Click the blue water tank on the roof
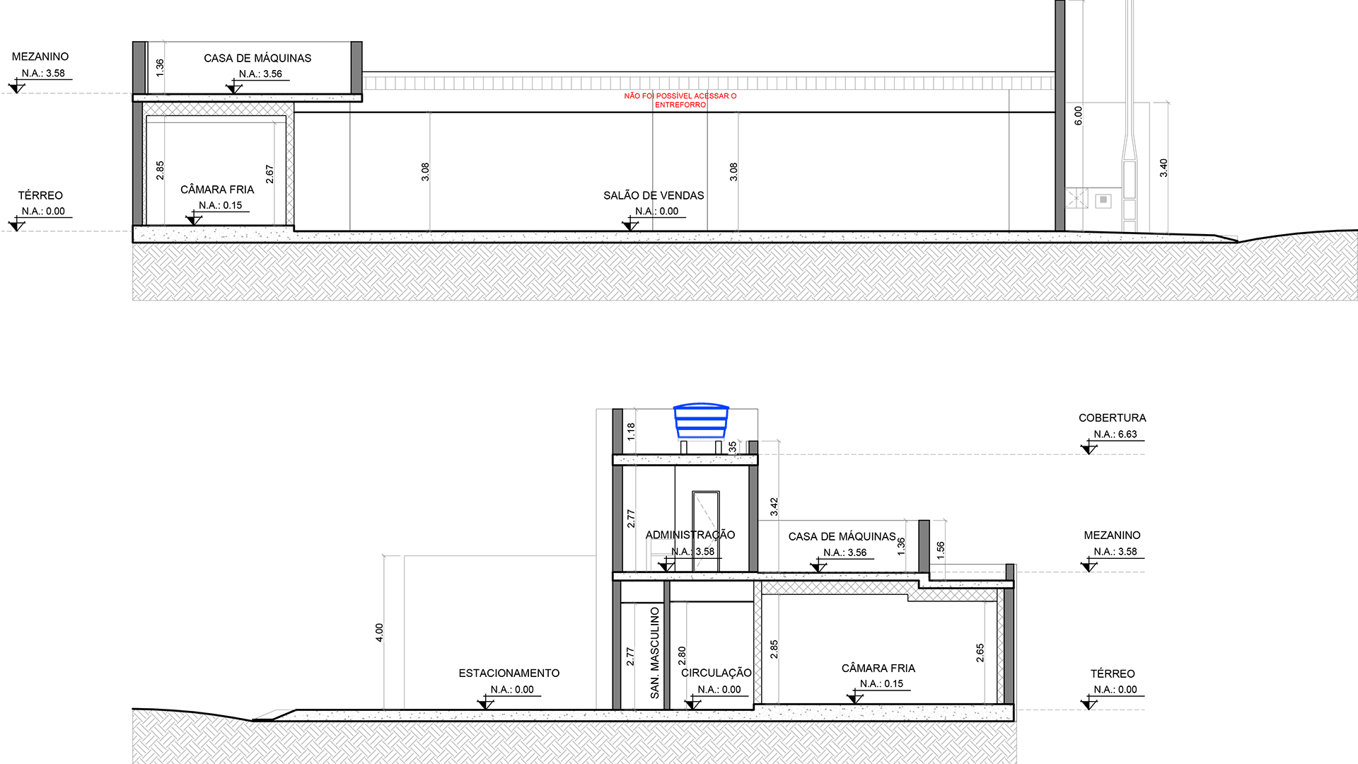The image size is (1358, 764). (700, 422)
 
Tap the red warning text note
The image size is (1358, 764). (680, 100)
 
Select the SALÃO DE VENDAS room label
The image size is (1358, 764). (654, 195)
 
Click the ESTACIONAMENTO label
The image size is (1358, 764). (509, 673)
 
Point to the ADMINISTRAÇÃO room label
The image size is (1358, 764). (690, 535)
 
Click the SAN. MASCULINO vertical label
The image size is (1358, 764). (655, 652)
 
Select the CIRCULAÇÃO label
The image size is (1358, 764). (716, 672)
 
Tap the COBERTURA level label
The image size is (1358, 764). (1112, 418)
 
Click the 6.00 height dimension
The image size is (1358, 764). (1078, 115)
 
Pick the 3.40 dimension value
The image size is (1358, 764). (1163, 168)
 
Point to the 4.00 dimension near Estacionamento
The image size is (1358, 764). (379, 632)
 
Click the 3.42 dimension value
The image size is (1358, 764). (774, 507)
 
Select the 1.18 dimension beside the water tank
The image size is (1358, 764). (631, 432)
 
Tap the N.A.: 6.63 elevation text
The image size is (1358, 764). (1115, 434)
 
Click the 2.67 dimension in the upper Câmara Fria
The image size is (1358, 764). (269, 174)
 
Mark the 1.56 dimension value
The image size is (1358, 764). (940, 550)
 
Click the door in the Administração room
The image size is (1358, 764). (705, 531)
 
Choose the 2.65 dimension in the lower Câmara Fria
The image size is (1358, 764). (980, 653)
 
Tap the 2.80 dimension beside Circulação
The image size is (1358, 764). (682, 656)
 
